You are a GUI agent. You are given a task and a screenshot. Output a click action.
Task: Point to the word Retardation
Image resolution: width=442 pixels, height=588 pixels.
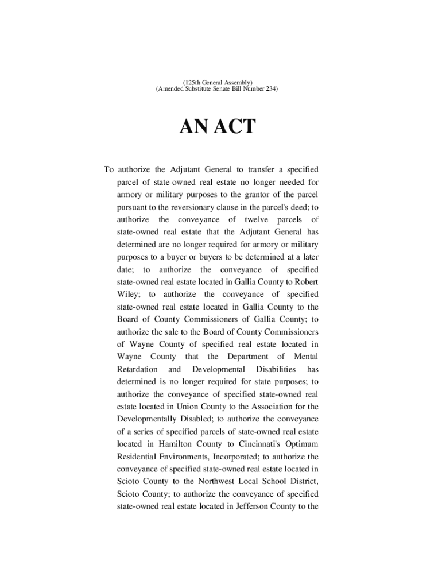pos(137,369)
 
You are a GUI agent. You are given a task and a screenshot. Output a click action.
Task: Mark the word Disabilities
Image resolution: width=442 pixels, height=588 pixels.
pos(276,369)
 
